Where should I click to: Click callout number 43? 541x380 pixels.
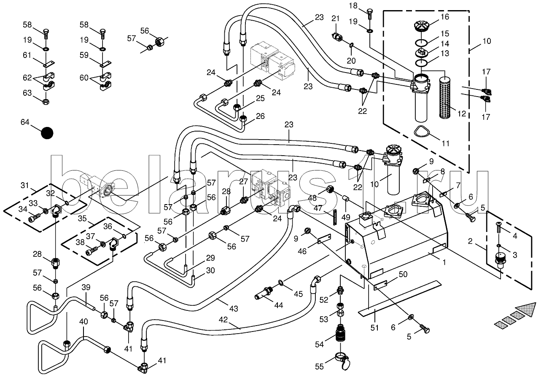234,308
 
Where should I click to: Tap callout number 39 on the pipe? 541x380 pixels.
86,287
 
